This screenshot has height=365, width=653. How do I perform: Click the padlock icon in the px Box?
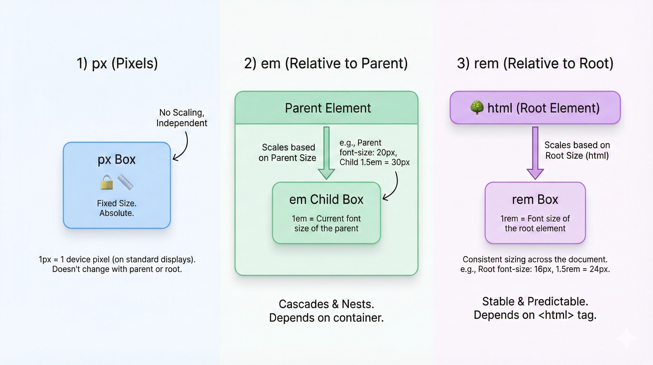pos(107,182)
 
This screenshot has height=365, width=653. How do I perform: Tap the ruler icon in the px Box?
pos(126,182)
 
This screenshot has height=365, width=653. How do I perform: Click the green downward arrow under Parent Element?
pos(326,153)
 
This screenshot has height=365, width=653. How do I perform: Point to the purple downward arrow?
pos(535,153)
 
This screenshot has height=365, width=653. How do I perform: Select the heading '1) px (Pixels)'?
pos(117,63)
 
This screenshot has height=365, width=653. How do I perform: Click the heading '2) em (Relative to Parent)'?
pos(326,63)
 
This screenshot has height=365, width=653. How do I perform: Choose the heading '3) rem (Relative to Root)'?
pos(535,63)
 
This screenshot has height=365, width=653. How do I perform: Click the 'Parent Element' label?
pos(328,108)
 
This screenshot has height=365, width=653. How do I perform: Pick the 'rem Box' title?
pos(535,200)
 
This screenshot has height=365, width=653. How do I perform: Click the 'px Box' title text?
pos(117,160)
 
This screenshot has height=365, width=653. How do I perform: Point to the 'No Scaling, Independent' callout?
pos(182,118)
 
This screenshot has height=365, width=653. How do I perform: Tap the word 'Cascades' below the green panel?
pos(304,304)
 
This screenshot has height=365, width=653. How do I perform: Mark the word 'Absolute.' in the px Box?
pos(117,213)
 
